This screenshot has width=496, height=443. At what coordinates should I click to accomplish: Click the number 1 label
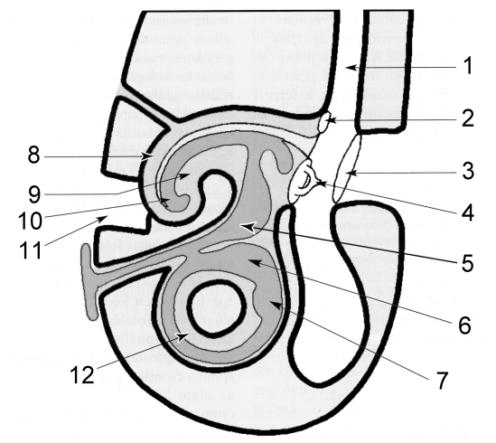[x=467, y=66]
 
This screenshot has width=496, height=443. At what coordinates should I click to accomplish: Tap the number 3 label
[x=466, y=170]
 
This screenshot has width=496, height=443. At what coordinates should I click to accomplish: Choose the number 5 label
[x=466, y=262]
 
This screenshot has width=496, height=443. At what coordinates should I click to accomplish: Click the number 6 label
[x=464, y=325]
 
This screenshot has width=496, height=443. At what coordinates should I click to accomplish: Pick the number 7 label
[x=442, y=380]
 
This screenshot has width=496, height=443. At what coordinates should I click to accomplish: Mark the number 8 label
[x=33, y=155]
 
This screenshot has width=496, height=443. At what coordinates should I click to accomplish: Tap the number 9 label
[x=34, y=193]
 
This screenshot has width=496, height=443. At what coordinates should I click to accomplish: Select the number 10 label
[x=30, y=220]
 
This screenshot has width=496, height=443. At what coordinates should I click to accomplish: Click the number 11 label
[x=30, y=250]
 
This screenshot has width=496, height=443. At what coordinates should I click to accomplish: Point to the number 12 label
[x=81, y=374]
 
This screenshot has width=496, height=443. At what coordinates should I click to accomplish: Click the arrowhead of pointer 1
[x=351, y=68]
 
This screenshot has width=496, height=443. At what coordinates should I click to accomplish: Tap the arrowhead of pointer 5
[x=247, y=227]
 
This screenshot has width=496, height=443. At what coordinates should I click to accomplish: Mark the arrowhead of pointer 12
[x=182, y=336]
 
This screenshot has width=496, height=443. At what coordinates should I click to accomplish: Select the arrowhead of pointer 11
[x=103, y=218]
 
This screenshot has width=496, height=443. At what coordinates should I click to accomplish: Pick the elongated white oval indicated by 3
[x=346, y=169]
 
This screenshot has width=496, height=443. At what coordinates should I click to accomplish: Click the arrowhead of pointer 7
[x=275, y=305]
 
